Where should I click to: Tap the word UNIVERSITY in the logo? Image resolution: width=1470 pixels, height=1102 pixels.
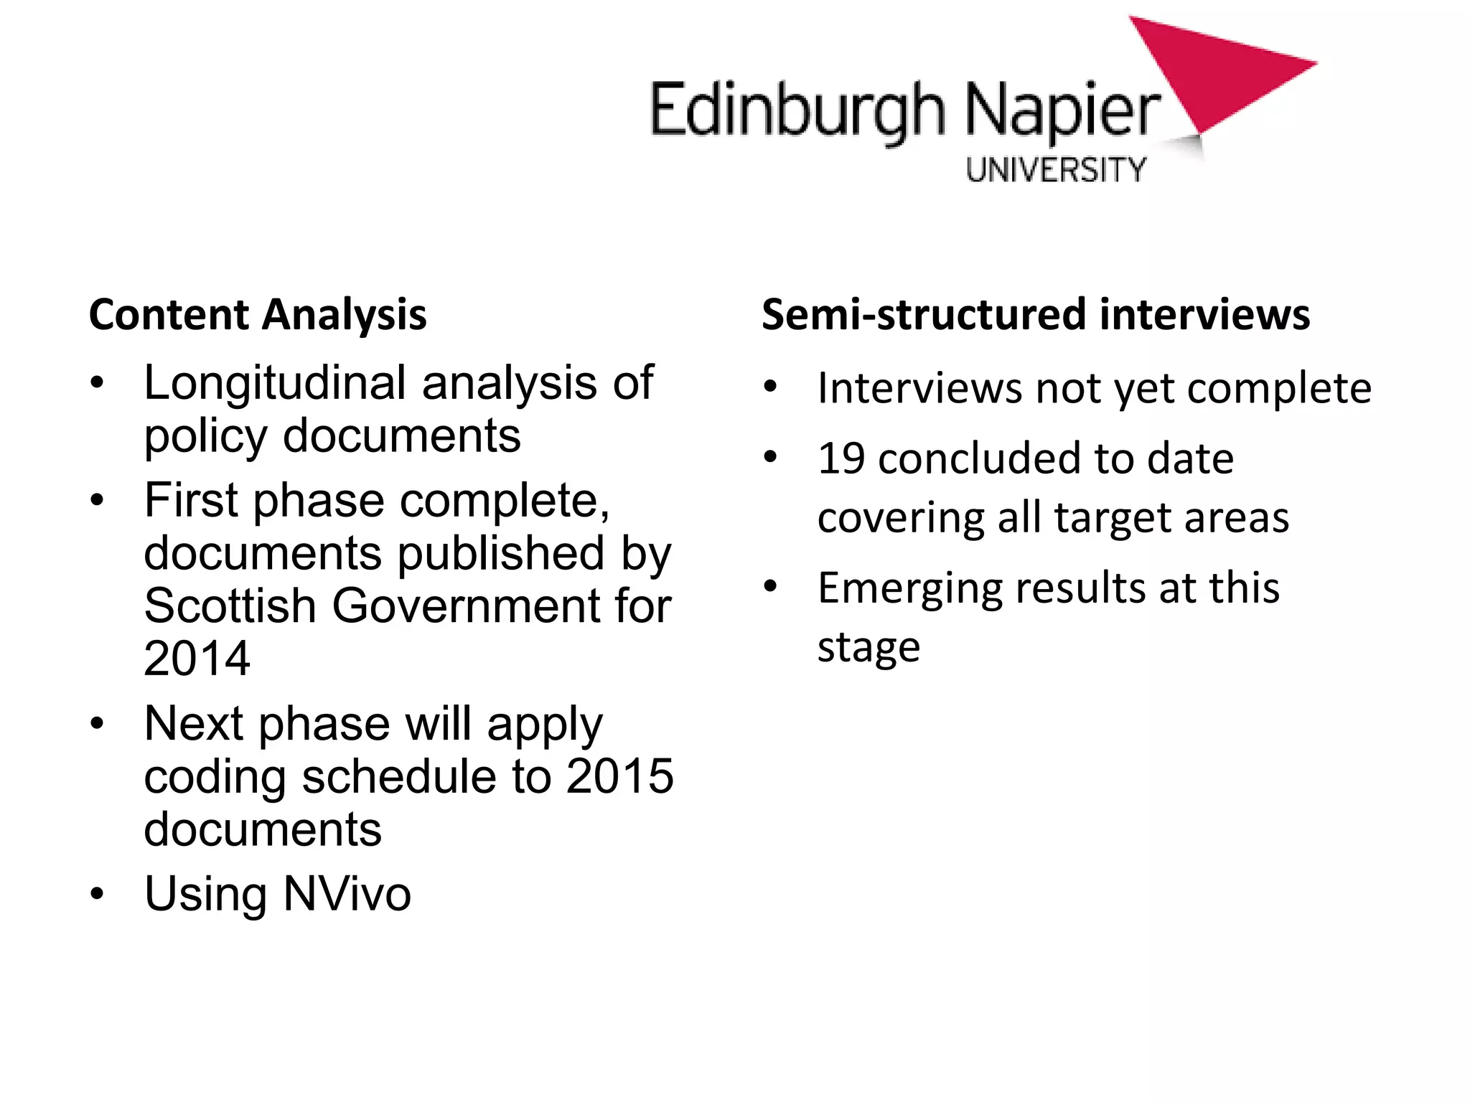click(1056, 170)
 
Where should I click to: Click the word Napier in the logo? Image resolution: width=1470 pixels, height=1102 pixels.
click(1062, 111)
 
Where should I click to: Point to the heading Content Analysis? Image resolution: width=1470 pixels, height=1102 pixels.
click(258, 315)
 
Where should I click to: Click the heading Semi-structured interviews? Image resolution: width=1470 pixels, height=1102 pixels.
click(1035, 315)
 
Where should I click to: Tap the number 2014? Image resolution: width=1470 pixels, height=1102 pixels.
click(197, 659)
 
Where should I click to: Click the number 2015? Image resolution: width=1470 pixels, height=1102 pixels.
click(619, 776)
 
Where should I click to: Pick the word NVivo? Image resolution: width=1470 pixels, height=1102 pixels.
click(347, 894)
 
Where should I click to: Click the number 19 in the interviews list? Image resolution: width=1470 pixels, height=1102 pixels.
click(841, 459)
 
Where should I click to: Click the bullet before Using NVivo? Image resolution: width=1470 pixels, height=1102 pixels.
click(98, 894)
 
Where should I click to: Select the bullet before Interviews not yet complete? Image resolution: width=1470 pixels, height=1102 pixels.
click(771, 387)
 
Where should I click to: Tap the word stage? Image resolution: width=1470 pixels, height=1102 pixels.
click(869, 648)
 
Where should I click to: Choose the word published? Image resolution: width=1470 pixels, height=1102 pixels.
click(500, 553)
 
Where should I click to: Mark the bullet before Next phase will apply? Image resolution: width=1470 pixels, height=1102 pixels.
click(98, 724)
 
